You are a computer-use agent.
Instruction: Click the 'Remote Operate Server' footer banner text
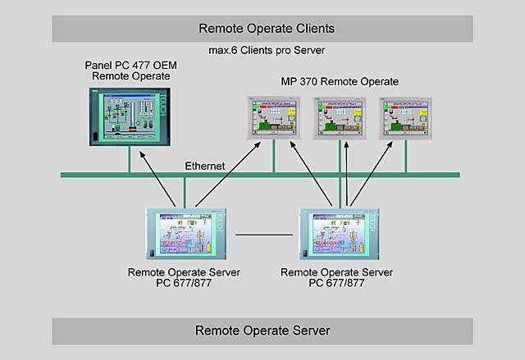click(262, 330)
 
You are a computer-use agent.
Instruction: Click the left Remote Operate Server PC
click(185, 235)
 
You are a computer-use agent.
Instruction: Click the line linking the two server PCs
click(262, 235)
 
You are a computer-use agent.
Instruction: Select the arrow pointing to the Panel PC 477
click(159, 180)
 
